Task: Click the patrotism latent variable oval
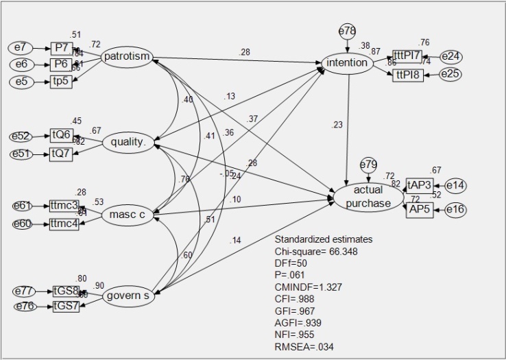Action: pos(127,57)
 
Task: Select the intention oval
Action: pos(348,64)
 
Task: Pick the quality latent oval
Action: pos(128,143)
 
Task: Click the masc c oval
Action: pos(127,216)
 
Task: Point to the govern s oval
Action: pos(129,297)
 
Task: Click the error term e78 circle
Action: pos(348,31)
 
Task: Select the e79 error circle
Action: pos(369,164)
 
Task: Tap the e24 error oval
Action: pos(452,56)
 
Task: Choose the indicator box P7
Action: pos(61,48)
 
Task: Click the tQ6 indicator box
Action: pos(61,135)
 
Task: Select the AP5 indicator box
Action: pos(420,209)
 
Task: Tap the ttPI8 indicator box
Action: pos(408,75)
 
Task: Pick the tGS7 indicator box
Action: pos(67,306)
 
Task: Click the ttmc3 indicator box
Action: pos(64,205)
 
